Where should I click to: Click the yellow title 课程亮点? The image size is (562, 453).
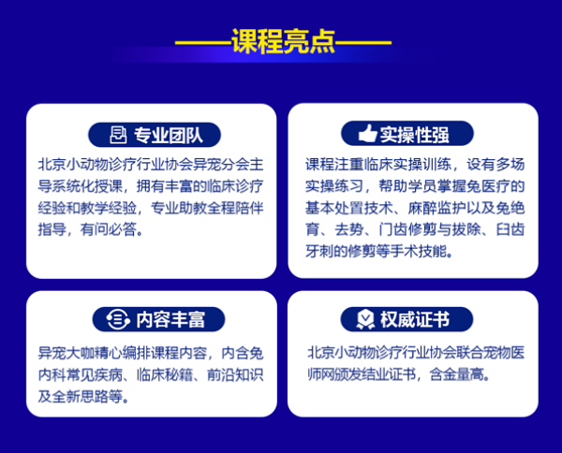pyautogui.click(x=283, y=41)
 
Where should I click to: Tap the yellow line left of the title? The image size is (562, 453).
pyautogui.click(x=203, y=42)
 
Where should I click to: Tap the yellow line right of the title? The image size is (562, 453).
pyautogui.click(x=363, y=42)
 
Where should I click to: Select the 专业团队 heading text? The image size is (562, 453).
pyautogui.click(x=169, y=136)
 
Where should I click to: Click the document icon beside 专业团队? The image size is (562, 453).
pyautogui.click(x=118, y=135)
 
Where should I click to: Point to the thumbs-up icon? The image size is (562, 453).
pyautogui.click(x=367, y=133)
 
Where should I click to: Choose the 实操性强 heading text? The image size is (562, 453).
pyautogui.click(x=415, y=135)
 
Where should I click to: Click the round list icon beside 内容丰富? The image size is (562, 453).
pyautogui.click(x=118, y=319)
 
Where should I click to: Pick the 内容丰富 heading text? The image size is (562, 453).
pyautogui.click(x=170, y=319)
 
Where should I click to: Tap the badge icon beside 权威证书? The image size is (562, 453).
pyautogui.click(x=365, y=319)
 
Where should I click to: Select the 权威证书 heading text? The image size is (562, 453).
pyautogui.click(x=415, y=319)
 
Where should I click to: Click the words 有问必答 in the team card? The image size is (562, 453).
pyautogui.click(x=109, y=229)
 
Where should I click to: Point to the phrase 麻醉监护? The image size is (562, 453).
pyautogui.click(x=436, y=208)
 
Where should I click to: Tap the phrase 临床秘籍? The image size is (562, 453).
pyautogui.click(x=165, y=375)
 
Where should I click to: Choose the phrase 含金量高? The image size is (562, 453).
pyautogui.click(x=457, y=374)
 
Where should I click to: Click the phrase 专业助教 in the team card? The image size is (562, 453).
pyautogui.click(x=179, y=208)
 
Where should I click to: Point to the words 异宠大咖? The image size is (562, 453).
pyautogui.click(x=67, y=354)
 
